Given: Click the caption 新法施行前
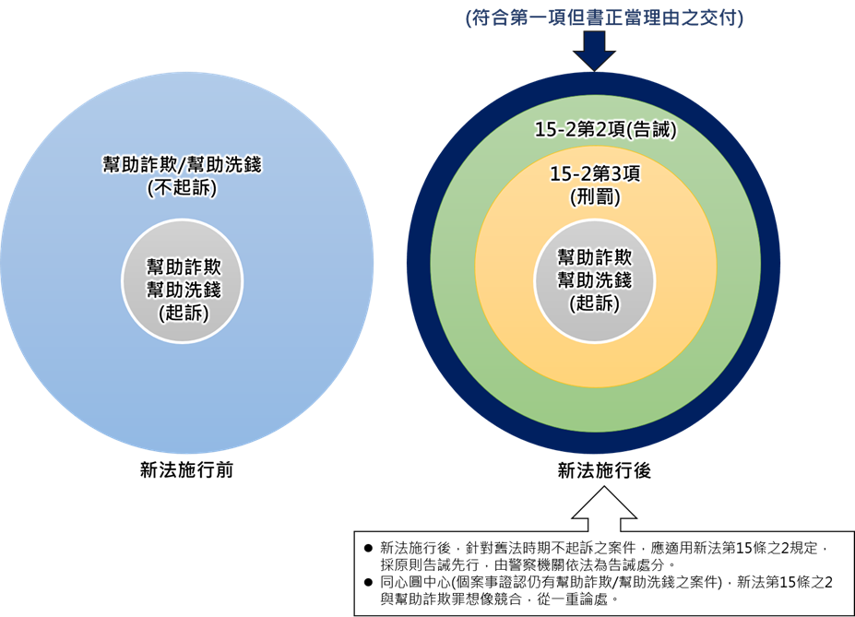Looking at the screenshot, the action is click(x=186, y=470).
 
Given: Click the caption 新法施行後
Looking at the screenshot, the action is click(x=604, y=470).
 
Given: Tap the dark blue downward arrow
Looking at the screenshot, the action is click(x=594, y=51).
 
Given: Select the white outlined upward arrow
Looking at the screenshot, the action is click(x=604, y=508).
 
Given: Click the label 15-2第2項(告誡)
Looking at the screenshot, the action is click(x=605, y=130).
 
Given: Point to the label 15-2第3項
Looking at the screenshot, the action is click(x=595, y=174).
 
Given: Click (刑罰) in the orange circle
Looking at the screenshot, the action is click(x=595, y=196).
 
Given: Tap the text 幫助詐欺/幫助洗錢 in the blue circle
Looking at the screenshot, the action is click(x=182, y=164).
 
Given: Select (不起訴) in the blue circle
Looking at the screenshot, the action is click(x=182, y=187).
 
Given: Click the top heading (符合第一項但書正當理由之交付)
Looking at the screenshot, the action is click(x=604, y=18).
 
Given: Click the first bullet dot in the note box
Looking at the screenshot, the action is click(x=368, y=548).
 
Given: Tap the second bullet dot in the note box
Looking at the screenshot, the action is click(x=368, y=582).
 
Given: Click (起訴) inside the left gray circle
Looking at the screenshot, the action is click(x=184, y=313).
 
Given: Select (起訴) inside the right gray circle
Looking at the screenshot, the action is click(x=594, y=303).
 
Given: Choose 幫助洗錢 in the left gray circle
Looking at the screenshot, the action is click(x=184, y=290).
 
